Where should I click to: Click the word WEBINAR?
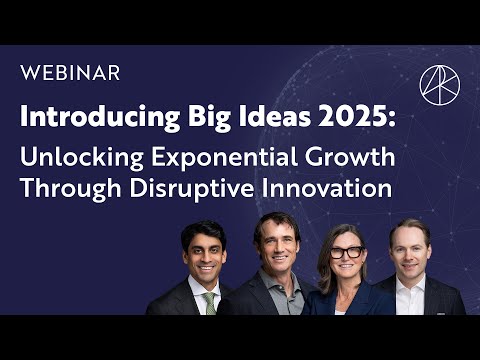click(70, 73)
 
